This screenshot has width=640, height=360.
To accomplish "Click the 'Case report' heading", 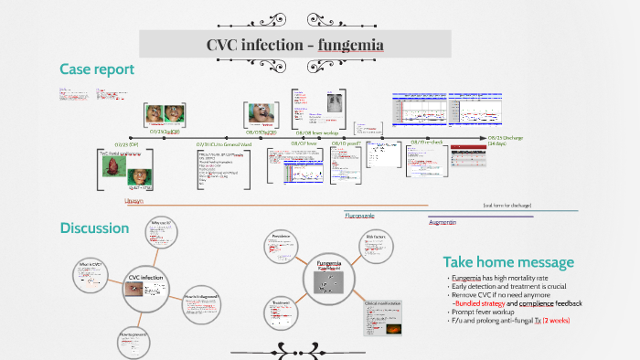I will (x=97, y=69).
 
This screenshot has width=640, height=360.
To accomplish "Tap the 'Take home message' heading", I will (x=508, y=262).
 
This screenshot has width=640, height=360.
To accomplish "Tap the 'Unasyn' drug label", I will (x=133, y=199).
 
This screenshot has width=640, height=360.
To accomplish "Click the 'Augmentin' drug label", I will (x=443, y=222).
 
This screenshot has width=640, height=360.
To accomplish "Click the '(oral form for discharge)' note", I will (x=507, y=206).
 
